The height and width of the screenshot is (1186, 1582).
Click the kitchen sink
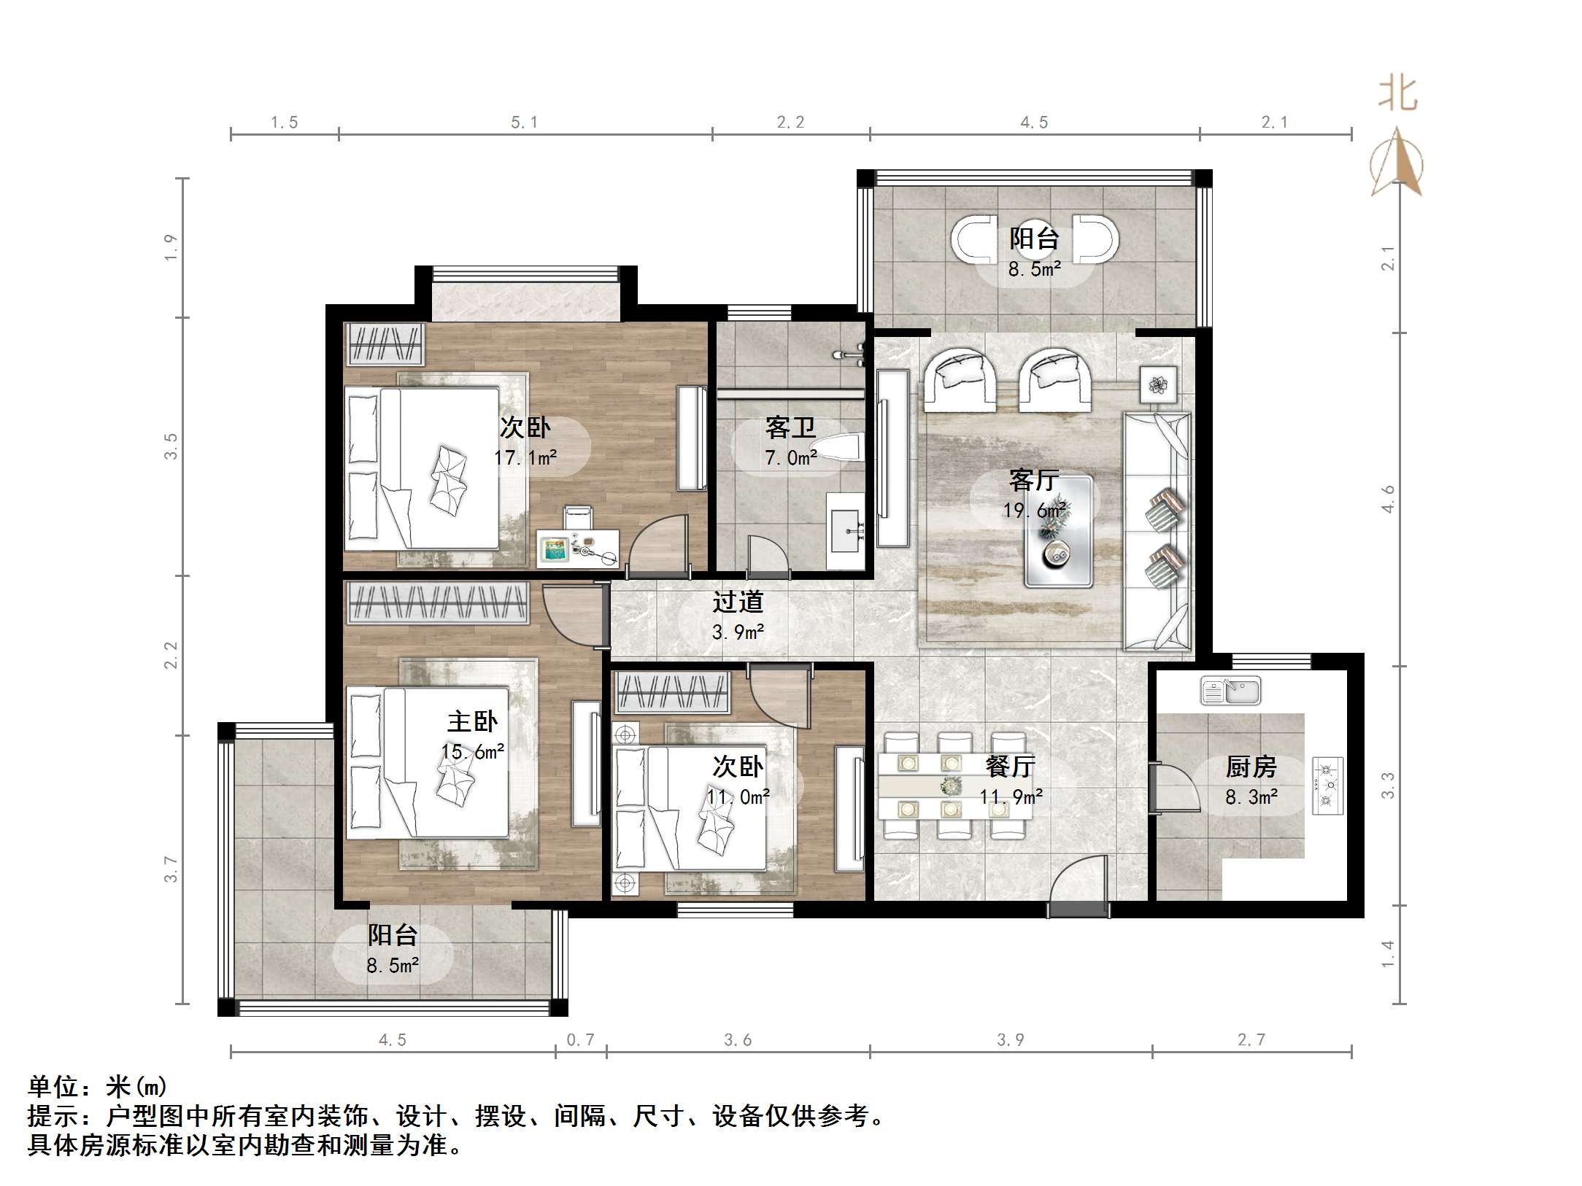1230,691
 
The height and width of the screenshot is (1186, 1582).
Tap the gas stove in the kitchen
1327,786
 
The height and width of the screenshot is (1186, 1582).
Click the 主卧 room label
472,722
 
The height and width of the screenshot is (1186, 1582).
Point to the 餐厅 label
1010,766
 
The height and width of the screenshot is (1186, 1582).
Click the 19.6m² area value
1034,510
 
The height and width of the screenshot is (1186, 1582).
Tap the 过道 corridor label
738,602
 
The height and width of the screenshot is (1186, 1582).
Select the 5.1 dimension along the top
524,123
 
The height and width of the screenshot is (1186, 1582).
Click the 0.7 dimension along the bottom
581,1039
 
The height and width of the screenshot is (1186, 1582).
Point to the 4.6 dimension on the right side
1388,499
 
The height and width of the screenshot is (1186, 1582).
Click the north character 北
1397,93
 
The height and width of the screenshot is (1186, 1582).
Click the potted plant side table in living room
1158,384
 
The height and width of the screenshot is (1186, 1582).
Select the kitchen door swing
1175,787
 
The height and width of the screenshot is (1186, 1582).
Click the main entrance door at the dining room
1078,885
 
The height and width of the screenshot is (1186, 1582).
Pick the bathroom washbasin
845,530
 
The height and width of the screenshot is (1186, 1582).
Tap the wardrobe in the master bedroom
438,602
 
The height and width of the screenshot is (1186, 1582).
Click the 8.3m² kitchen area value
1251,797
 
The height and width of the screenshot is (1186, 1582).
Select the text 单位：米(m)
98,1087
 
